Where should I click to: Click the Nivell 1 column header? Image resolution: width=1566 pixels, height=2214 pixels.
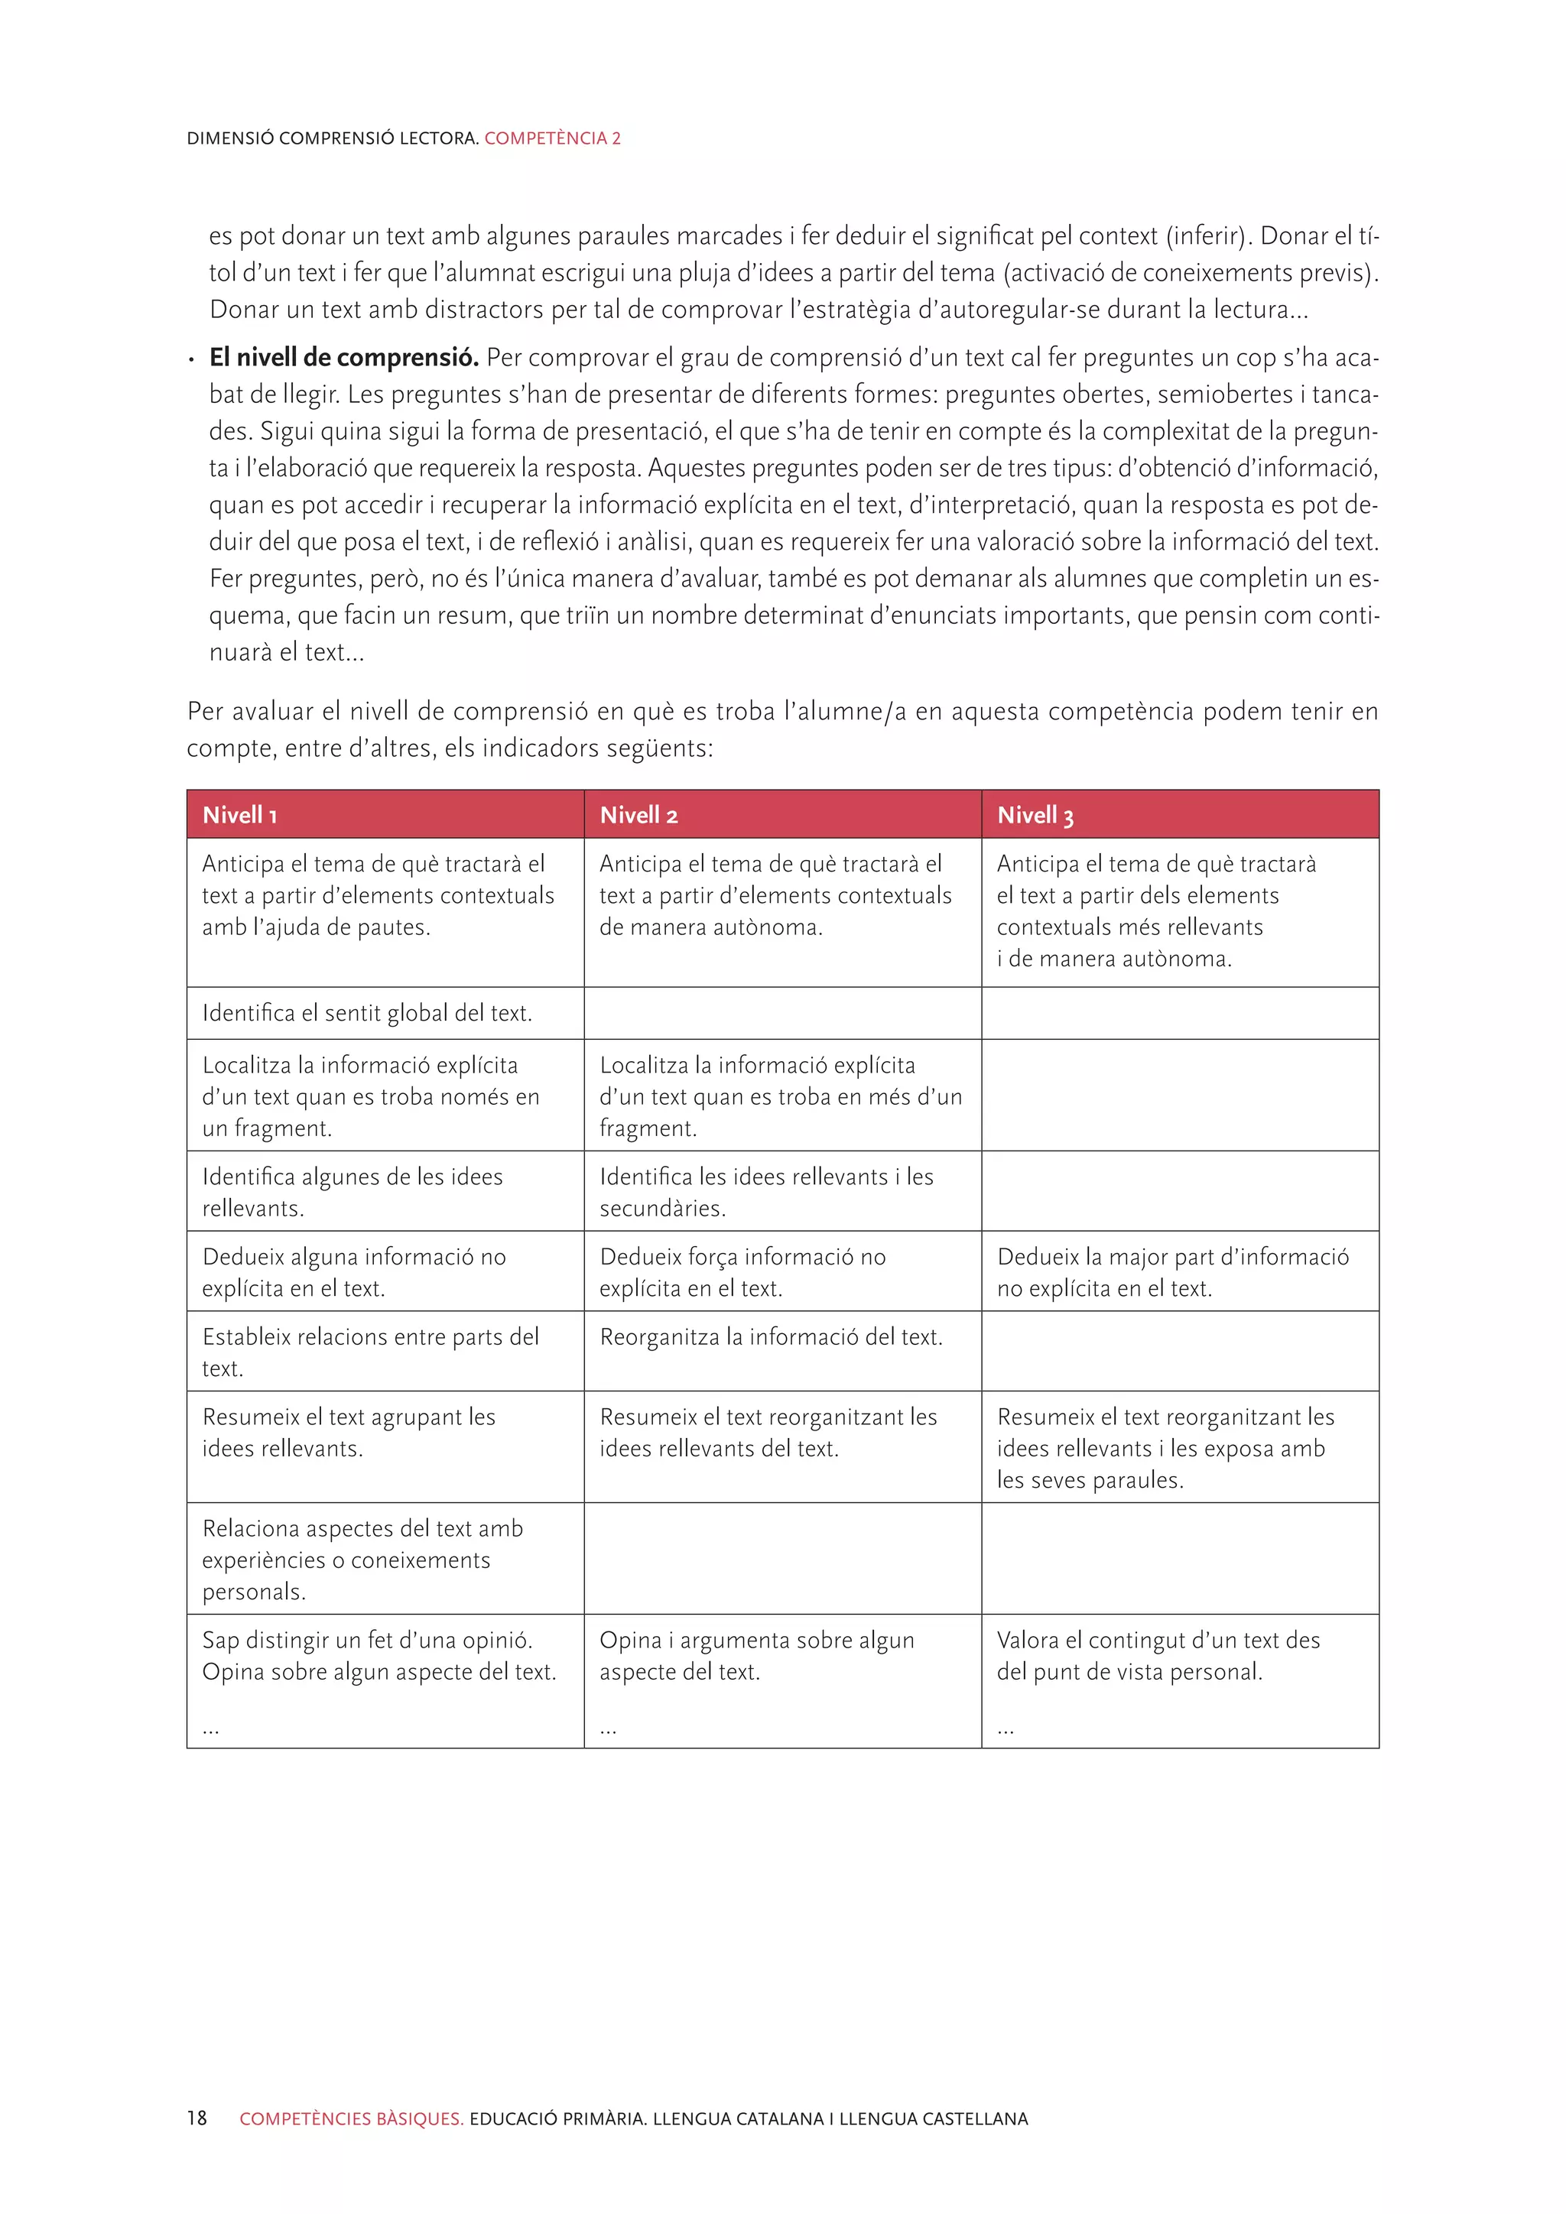click(x=240, y=815)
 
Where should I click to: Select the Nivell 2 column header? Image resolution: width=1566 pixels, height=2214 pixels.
click(x=638, y=815)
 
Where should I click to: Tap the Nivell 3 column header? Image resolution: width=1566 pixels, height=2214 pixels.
click(x=1035, y=815)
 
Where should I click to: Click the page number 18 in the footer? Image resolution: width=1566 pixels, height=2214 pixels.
click(x=197, y=2118)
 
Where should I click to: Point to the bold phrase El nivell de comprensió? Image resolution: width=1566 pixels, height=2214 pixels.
click(x=343, y=358)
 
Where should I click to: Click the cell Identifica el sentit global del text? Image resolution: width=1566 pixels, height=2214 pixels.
click(x=366, y=1012)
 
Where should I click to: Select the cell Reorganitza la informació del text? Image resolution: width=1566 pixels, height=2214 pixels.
click(x=771, y=1337)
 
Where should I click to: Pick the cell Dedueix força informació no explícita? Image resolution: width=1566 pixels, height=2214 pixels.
click(x=742, y=1272)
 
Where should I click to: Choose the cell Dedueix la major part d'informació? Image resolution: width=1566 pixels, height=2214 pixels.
click(x=1171, y=1272)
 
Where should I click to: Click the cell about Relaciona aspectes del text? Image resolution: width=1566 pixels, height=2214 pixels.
click(x=362, y=1560)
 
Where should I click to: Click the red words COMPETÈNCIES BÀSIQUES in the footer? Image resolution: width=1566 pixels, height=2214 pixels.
click(x=351, y=2118)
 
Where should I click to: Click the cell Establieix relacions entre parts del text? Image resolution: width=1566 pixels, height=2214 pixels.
click(x=370, y=1352)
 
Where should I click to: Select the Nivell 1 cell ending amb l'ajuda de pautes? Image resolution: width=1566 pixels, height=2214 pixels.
click(x=377, y=896)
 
